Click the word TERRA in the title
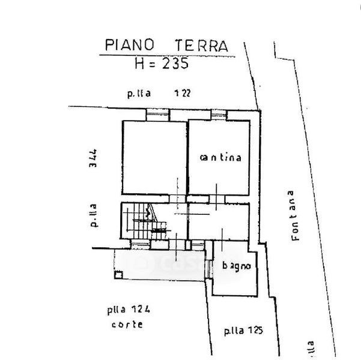pos(201,45)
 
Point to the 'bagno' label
pos(235,265)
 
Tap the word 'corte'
pos(127,325)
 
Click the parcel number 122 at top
pos(183,93)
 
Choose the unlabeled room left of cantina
pos(154,157)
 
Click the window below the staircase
pos(139,244)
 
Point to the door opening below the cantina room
pos(215,199)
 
